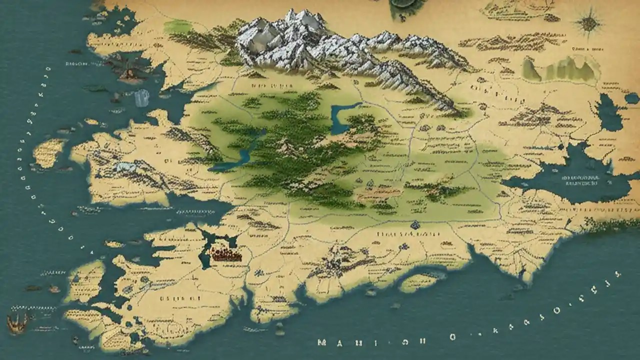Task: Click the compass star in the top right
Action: coord(589,22)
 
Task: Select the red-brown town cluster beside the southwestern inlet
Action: coord(225,254)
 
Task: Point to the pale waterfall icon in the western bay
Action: coord(142,97)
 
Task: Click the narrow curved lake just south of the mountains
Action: coord(342,117)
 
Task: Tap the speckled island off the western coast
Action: coord(49,152)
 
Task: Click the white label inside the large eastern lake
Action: coord(580,180)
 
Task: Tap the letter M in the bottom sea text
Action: coord(322,343)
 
